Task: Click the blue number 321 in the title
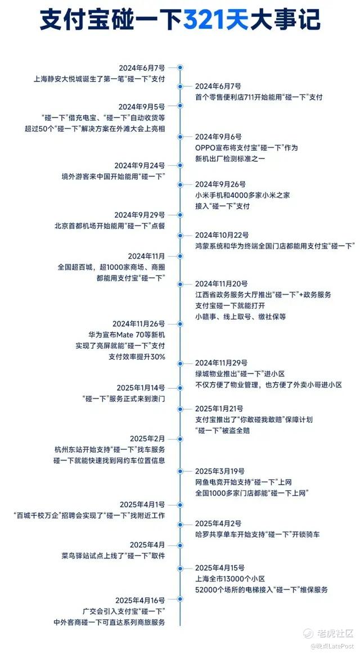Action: [206, 20]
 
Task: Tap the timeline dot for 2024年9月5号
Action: [180, 106]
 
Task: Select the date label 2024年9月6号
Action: [218, 137]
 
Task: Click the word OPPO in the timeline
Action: [206, 148]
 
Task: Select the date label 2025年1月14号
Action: [141, 388]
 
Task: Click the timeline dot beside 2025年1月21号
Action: [180, 409]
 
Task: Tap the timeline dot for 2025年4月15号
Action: [180, 568]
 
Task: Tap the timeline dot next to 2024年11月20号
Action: [180, 285]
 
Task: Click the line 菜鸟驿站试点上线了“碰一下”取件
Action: [113, 556]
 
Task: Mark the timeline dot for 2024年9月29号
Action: [180, 215]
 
